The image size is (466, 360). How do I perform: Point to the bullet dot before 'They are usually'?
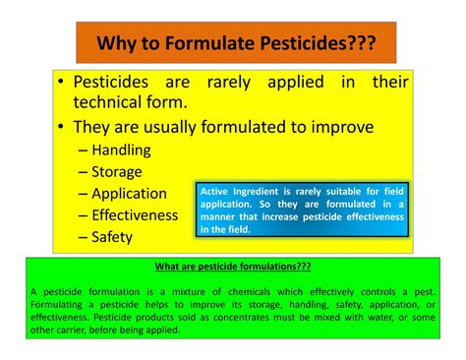click(x=63, y=128)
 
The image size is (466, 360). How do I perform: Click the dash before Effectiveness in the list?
click(x=83, y=214)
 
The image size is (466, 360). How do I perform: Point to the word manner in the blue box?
click(x=222, y=216)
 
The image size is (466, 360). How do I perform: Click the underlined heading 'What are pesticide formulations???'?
click(x=233, y=266)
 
